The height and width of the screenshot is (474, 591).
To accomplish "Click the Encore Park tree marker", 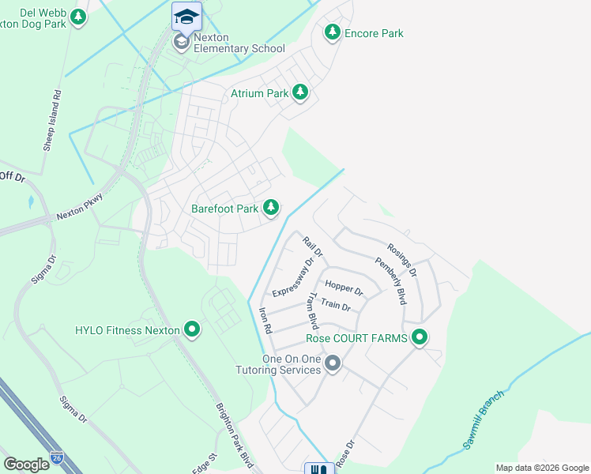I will (333, 32).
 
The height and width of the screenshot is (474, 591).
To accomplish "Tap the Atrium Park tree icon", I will (300, 93).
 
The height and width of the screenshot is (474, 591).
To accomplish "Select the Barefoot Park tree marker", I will (271, 208).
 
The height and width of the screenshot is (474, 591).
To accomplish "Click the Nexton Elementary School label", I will (239, 48).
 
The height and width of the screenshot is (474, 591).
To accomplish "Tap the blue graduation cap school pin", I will (186, 16).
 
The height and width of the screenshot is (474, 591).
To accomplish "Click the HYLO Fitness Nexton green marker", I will (191, 329).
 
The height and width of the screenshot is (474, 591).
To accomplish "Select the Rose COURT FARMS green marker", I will (420, 338).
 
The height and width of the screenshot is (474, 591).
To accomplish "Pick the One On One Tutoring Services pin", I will (333, 364).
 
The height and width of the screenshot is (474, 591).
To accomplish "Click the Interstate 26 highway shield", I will (56, 457).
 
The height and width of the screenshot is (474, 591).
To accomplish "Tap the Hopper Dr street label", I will (343, 289).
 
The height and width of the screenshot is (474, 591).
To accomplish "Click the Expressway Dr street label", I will (293, 276).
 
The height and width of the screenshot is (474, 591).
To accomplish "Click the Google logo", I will (26, 464).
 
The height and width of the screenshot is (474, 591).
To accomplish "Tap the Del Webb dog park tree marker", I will (77, 17).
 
